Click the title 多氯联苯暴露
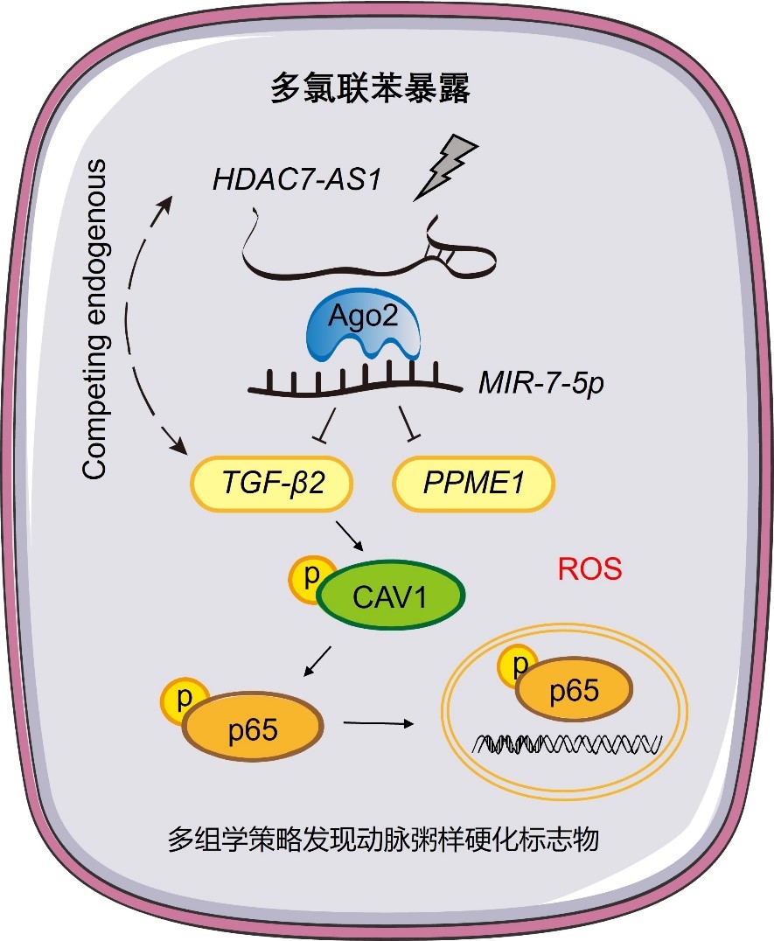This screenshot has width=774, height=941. [x=370, y=90]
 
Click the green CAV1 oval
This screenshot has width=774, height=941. [x=392, y=599]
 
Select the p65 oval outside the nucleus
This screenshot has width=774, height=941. [x=250, y=726]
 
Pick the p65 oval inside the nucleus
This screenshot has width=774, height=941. [x=573, y=692]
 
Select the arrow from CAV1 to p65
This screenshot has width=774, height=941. [x=317, y=661]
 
